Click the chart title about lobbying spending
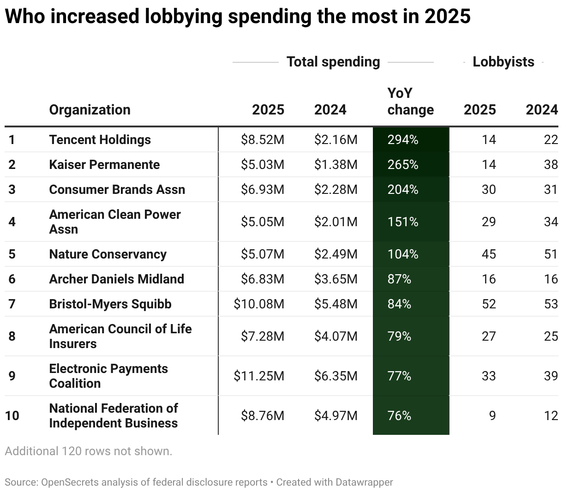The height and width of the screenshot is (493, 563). click(238, 17)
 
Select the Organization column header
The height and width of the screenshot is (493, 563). click(90, 110)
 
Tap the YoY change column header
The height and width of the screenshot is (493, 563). click(410, 102)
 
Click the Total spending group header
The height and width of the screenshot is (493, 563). click(333, 62)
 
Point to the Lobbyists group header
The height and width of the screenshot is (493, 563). click(503, 62)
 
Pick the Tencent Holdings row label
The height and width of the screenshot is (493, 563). click(100, 140)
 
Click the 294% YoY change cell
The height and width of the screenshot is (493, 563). click(403, 140)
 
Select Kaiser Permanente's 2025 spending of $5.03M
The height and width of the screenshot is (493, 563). click(262, 165)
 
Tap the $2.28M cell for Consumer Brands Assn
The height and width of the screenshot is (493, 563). click(335, 190)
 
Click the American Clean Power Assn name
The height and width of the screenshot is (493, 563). click(114, 222)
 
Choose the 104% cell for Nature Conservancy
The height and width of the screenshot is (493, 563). click(403, 254)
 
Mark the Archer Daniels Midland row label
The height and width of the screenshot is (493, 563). click(116, 279)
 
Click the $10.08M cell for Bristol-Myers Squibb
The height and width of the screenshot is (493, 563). click(259, 304)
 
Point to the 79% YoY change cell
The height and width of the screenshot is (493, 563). click(399, 337)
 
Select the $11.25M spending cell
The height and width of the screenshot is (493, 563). click(259, 376)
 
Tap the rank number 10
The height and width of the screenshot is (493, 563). click(12, 416)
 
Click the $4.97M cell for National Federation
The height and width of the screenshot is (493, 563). click(335, 416)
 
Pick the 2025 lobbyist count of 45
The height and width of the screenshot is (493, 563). click(489, 254)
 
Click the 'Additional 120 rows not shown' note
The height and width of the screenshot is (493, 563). click(89, 451)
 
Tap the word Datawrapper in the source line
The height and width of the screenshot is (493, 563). click(364, 482)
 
